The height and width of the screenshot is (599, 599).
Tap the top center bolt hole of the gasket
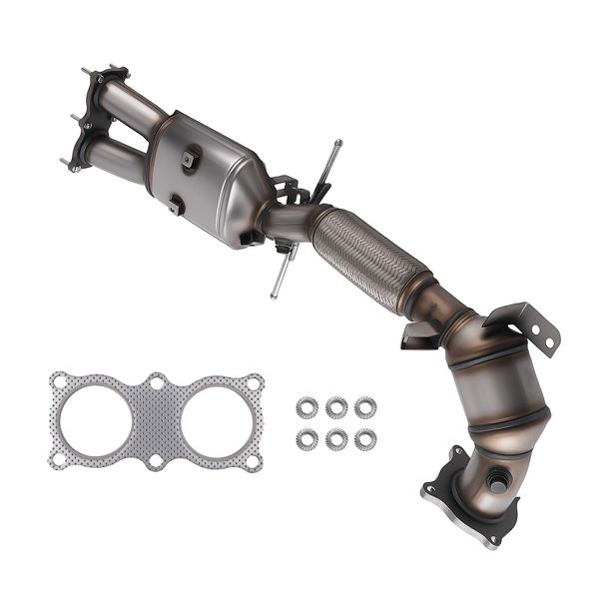coord(157,381)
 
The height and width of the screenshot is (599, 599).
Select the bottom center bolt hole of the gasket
coord(157,461)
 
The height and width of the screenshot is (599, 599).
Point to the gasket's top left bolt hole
coord(60,379)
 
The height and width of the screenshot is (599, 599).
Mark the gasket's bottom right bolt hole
coord(254,460)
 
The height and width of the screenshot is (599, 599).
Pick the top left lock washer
coord(307,406)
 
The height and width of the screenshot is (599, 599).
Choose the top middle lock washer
coord(336,406)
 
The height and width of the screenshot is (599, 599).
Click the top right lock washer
coord(365,406)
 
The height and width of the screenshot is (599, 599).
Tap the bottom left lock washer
coord(307,438)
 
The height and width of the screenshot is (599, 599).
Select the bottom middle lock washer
coord(336,438)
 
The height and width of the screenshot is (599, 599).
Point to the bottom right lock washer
coord(365,438)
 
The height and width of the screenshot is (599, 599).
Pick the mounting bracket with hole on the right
coord(528,325)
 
